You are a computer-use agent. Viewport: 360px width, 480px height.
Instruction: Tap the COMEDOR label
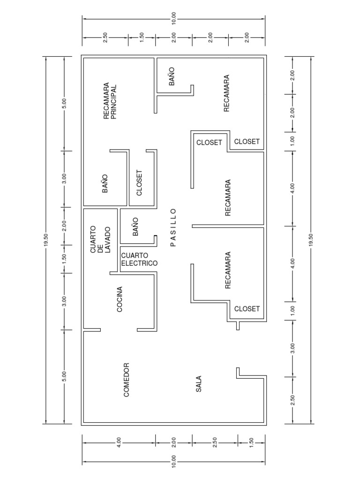pyautogui.click(x=126, y=379)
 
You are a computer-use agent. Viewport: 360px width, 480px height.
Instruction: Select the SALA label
pyautogui.click(x=198, y=383)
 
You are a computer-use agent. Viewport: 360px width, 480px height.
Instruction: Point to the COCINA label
pyautogui.click(x=120, y=299)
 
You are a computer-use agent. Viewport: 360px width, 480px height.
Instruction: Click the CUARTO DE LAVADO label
pyautogui.click(x=100, y=240)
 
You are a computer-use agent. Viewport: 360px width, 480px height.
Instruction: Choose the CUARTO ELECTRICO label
pyautogui.click(x=139, y=259)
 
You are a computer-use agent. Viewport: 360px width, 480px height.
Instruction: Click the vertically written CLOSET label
pyautogui.click(x=139, y=182)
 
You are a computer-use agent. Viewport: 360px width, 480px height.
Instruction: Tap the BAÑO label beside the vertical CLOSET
pyautogui.click(x=105, y=183)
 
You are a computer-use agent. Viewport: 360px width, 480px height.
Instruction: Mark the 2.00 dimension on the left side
pyautogui.click(x=65, y=225)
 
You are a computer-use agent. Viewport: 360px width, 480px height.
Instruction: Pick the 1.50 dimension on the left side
pyautogui.click(x=65, y=259)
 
